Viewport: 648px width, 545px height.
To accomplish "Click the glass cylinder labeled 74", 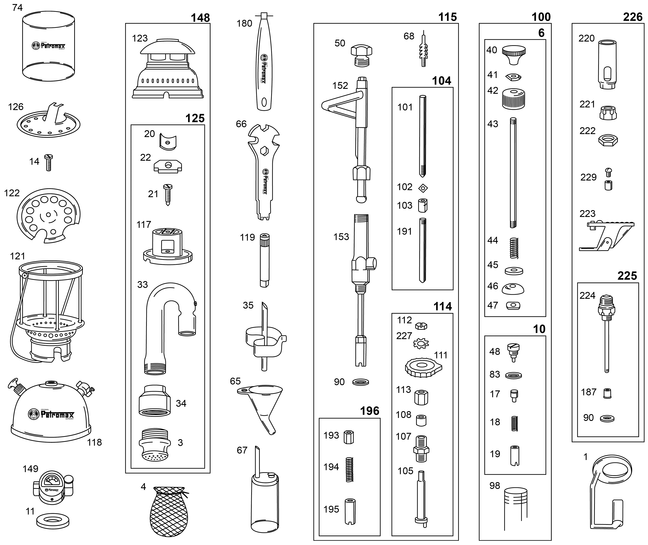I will coord(48,46).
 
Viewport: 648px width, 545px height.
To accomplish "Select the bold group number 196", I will coord(370,411).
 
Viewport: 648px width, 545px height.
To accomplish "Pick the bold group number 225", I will coord(627,276).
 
